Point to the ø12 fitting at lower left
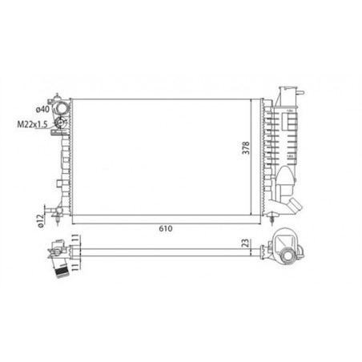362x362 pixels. coord(56,213)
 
